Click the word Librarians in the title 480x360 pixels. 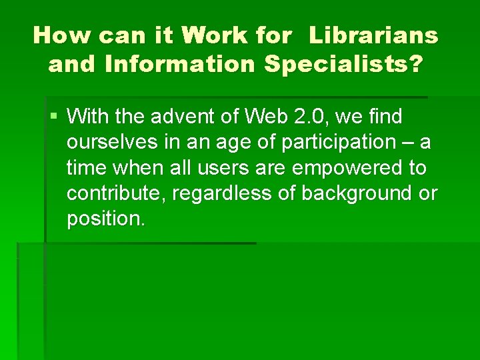[373, 35]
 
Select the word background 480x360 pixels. [355, 193]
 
